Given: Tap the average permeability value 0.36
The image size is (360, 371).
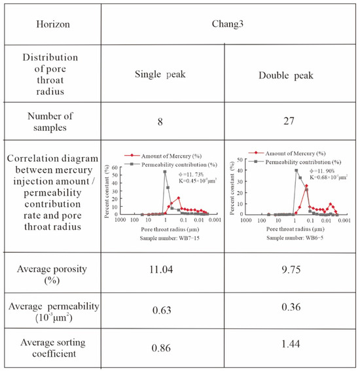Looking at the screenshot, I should coord(289,311).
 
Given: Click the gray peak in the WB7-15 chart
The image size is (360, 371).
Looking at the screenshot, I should coord(164,172).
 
